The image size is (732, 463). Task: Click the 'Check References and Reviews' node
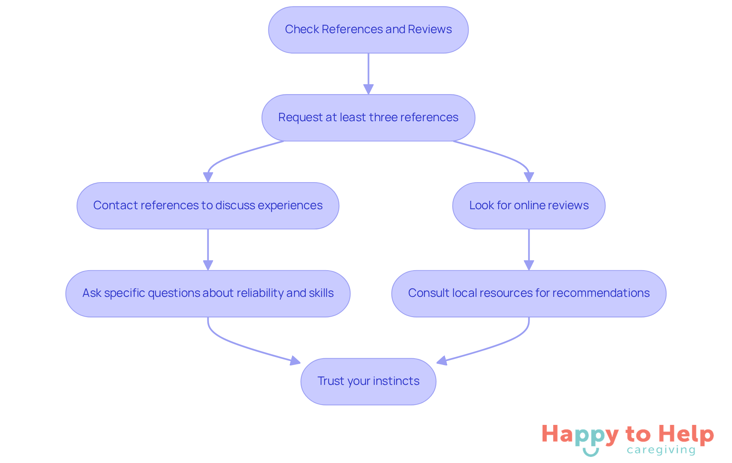coord(368,30)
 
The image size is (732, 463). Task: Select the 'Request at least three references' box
coord(368,118)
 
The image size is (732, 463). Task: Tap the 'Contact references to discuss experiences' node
coord(208,206)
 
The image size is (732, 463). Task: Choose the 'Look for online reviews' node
coord(529,206)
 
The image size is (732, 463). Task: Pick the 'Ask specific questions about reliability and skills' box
coord(208,293)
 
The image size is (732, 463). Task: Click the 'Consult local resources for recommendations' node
coord(529,293)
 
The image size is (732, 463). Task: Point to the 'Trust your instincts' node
coord(368,381)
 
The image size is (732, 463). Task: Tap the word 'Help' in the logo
coord(686,434)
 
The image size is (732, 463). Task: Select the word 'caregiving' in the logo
coord(661,450)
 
